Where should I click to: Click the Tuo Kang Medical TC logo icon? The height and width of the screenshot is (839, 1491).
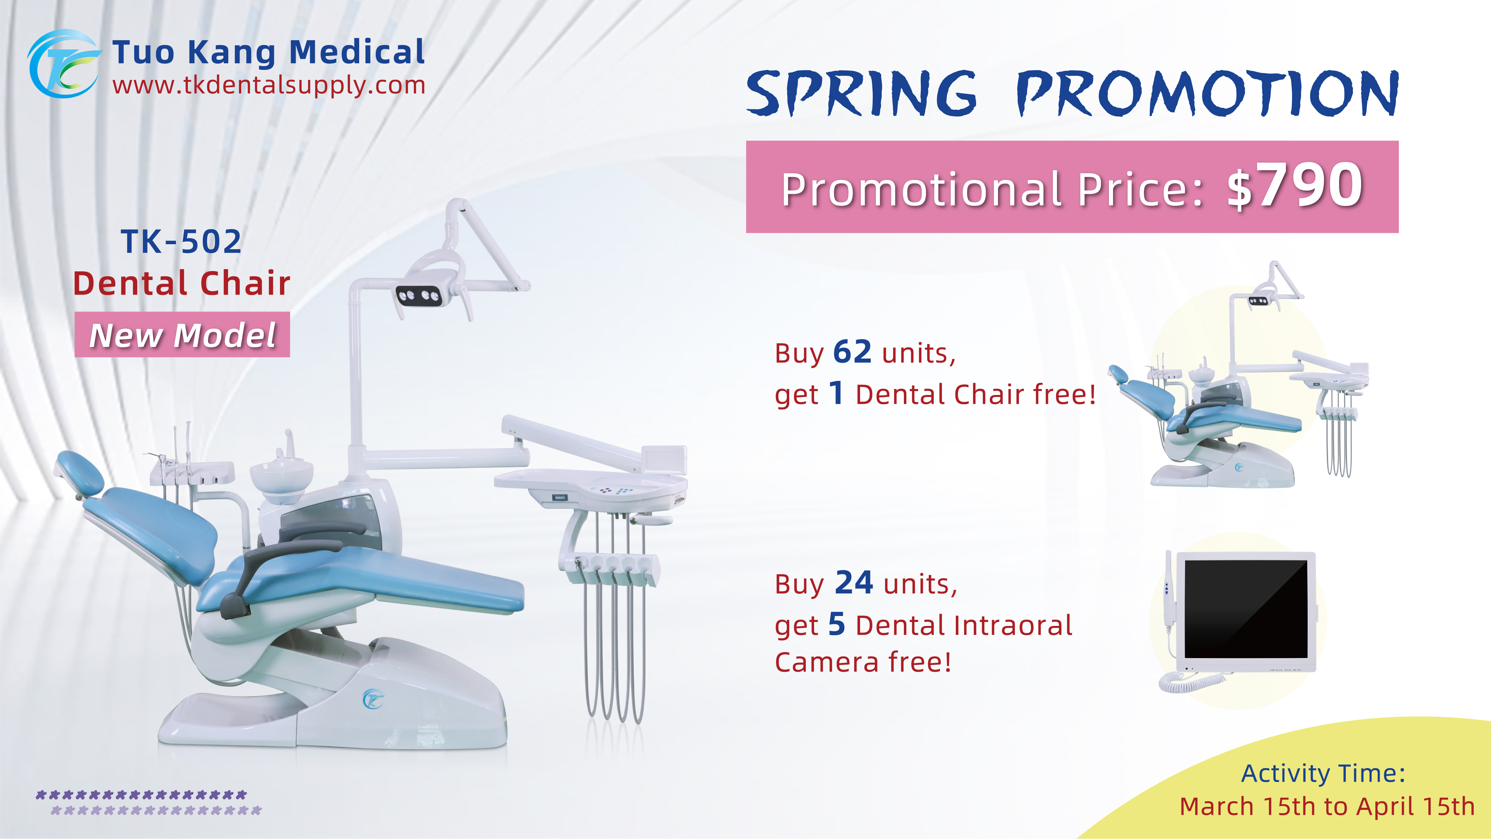coord(63,64)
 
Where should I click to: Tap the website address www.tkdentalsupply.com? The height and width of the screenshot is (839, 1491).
coord(269,86)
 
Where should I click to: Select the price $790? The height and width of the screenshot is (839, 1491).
coord(1295,187)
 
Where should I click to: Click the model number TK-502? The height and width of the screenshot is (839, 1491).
coord(181,242)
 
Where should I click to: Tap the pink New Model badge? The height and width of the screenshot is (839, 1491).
coord(182,335)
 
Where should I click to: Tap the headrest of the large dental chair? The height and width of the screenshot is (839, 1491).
coord(80,472)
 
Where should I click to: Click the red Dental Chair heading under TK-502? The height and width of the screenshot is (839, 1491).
coord(181,284)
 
